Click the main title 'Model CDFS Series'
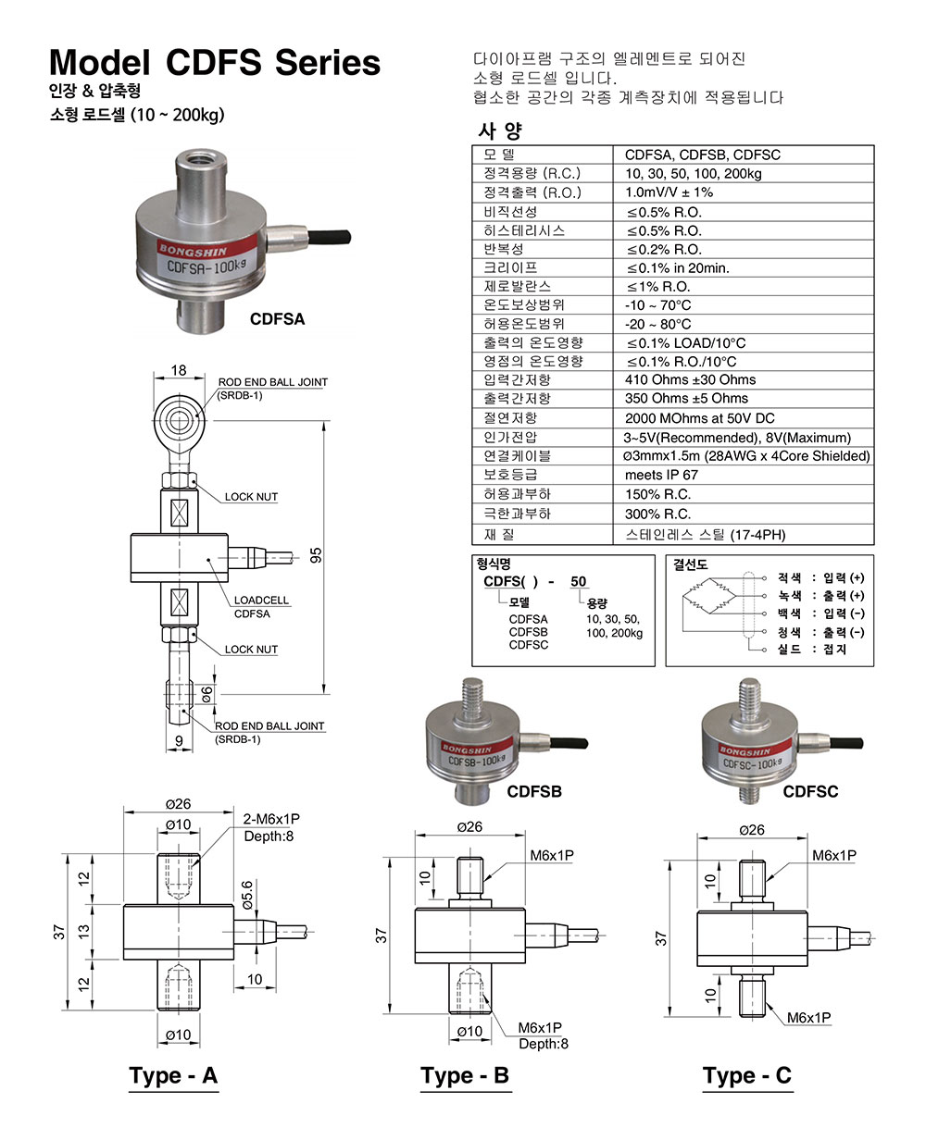click(214, 62)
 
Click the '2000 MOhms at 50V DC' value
click(699, 418)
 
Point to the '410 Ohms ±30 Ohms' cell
click(690, 379)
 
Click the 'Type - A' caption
click(173, 1075)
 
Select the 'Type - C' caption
click(747, 1075)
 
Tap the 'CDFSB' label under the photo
click(534, 792)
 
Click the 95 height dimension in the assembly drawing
click(316, 555)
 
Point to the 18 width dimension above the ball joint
click(178, 370)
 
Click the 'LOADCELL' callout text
click(261, 601)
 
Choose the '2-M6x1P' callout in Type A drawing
click(272, 820)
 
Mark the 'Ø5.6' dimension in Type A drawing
click(247, 894)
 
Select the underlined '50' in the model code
click(579, 581)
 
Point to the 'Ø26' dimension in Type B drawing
click(469, 826)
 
